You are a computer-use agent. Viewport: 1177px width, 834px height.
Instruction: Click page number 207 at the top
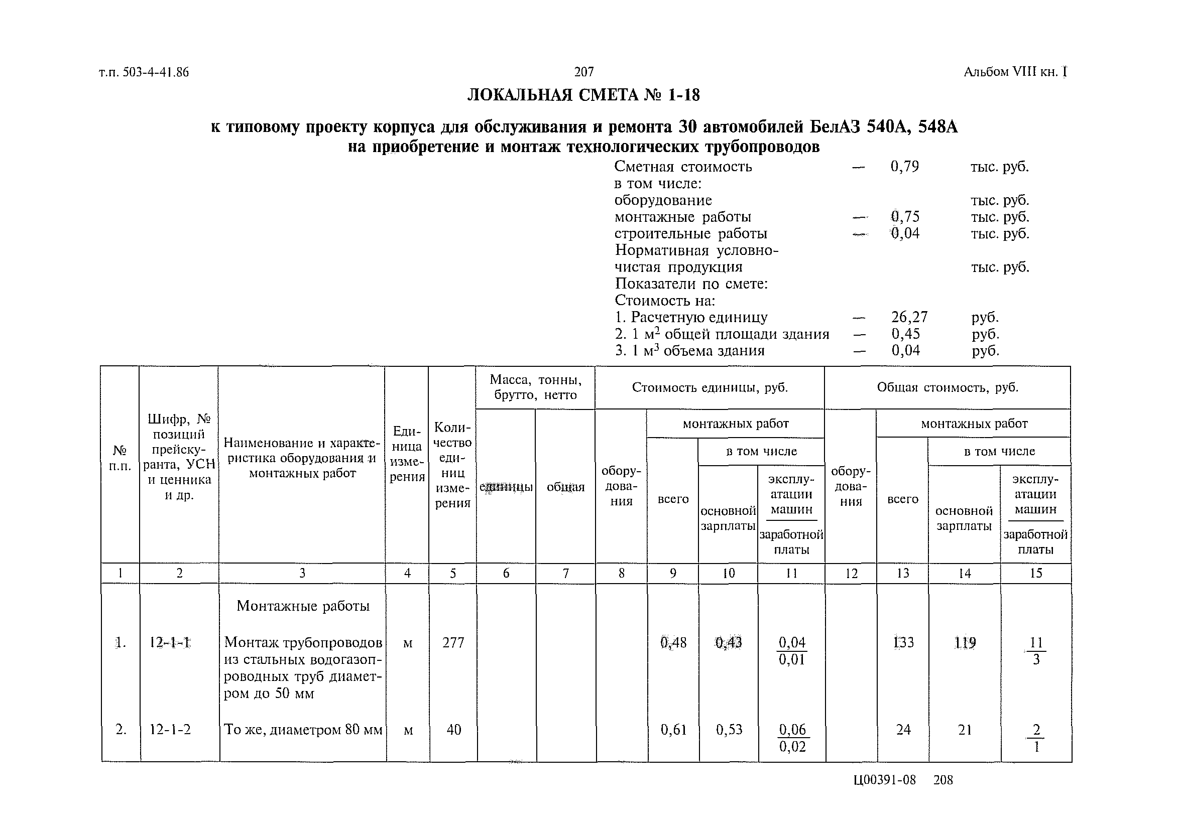(583, 72)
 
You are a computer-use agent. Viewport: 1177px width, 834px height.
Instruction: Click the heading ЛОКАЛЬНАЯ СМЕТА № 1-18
(583, 95)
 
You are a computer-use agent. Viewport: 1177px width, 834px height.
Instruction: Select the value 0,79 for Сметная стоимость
(905, 167)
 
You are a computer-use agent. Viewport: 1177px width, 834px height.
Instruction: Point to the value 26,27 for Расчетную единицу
(909, 317)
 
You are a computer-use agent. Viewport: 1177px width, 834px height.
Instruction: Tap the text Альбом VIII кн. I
(1015, 72)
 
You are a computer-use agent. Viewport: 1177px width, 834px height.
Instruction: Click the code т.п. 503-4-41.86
(144, 72)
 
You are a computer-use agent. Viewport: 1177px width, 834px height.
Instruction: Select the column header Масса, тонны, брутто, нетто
(535, 387)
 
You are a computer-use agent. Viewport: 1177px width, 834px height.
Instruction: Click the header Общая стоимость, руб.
(947, 387)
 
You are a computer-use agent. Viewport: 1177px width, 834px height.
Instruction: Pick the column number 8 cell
(621, 573)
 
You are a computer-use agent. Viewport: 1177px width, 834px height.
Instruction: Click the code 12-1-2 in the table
(170, 729)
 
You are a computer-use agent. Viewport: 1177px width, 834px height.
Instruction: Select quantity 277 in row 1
(453, 642)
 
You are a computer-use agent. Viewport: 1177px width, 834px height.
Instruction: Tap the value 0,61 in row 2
(673, 729)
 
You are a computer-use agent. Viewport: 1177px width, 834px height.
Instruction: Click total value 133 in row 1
(903, 642)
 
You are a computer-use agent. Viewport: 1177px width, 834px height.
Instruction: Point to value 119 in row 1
(965, 642)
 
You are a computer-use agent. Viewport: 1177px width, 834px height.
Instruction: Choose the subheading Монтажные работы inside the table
(303, 606)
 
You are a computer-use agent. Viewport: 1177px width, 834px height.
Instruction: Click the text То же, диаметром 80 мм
(303, 730)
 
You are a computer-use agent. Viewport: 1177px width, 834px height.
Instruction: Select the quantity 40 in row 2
(453, 729)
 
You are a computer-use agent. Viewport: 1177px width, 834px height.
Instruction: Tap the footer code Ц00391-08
(884, 780)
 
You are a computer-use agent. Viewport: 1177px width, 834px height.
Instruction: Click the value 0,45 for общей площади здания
(905, 334)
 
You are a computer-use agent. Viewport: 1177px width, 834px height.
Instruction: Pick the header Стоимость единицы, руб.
(710, 387)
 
